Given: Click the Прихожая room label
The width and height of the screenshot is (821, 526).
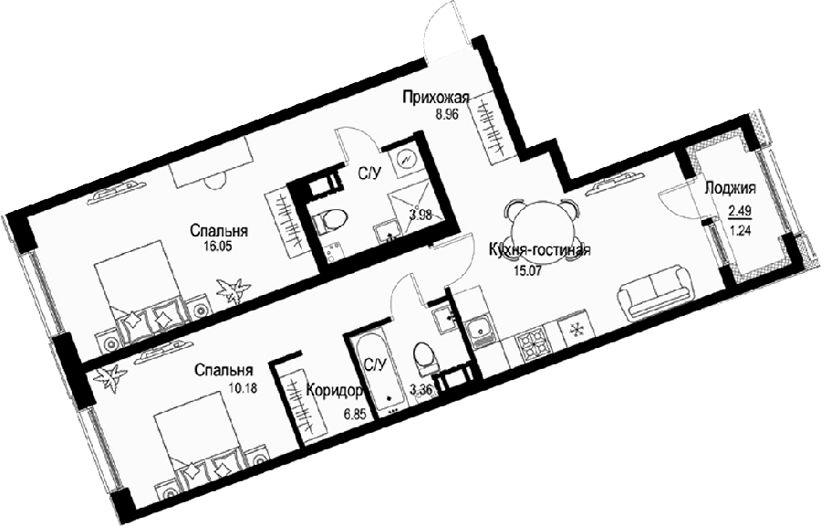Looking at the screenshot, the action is [x=436, y=98].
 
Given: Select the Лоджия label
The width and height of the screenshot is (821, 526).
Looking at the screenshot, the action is [x=730, y=189].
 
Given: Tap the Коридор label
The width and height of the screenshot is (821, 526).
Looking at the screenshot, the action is [x=335, y=392].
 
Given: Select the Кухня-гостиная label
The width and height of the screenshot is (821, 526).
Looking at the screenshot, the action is [x=539, y=250].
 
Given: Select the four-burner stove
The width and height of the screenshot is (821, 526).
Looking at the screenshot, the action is [x=533, y=344].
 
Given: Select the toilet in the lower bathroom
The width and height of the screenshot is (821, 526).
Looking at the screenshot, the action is [x=423, y=359].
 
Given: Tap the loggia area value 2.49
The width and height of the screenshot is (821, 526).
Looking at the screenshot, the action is [x=741, y=211].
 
